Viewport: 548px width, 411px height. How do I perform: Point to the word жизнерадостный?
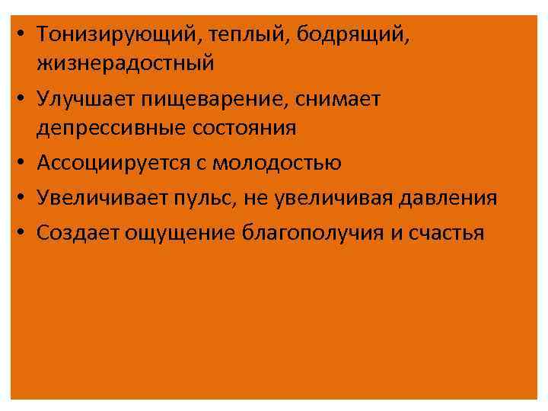tap(126, 63)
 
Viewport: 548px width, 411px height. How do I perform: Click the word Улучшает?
tap(80, 99)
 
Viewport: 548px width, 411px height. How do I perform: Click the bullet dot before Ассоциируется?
tap(24, 163)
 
